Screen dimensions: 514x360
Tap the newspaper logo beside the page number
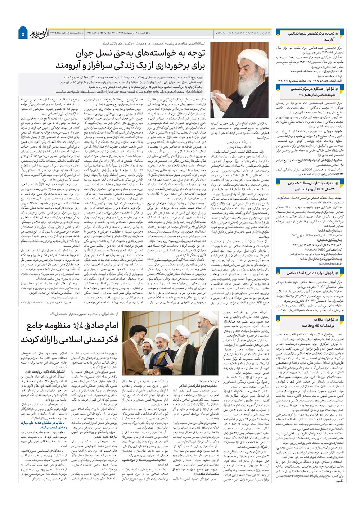tap(36, 33)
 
